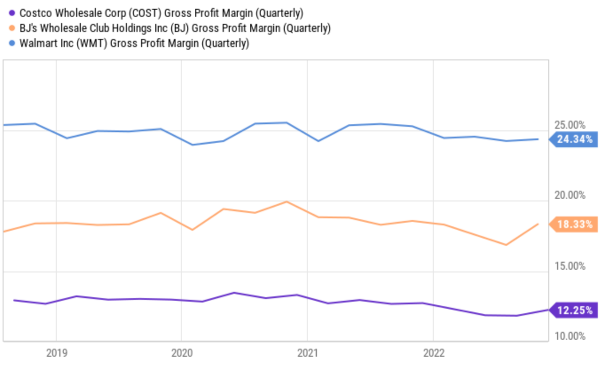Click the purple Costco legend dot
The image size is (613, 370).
tap(12, 13)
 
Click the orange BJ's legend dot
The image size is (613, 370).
tap(12, 28)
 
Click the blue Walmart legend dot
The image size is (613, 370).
tap(12, 43)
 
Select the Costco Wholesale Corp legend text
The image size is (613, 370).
tap(161, 13)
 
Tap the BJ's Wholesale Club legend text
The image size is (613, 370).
tap(175, 28)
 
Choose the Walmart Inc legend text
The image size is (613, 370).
tap(134, 43)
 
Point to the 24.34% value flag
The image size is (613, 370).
tap(574, 139)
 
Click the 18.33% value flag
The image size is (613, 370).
tap(574, 224)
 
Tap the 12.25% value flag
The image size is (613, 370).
tap(574, 310)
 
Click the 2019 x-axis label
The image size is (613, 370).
tap(56, 353)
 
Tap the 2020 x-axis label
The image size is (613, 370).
tap(181, 353)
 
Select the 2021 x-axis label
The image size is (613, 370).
tap(307, 353)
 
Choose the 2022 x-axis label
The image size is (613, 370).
tap(433, 353)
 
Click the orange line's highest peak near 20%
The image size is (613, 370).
tap(287, 202)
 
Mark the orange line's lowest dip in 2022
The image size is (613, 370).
tap(506, 245)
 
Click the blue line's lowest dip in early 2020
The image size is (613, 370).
tap(192, 145)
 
